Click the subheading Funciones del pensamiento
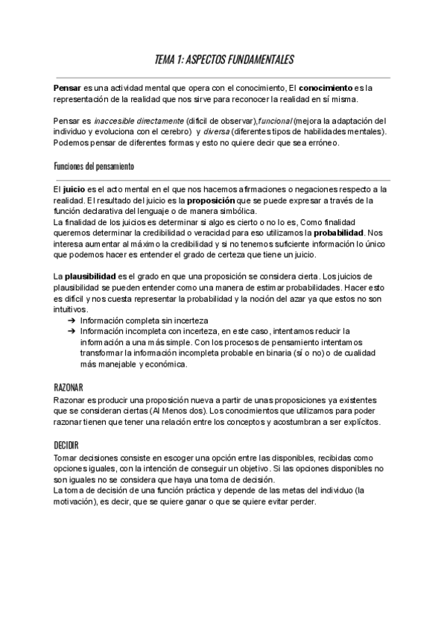94,165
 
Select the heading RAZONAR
69,388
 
